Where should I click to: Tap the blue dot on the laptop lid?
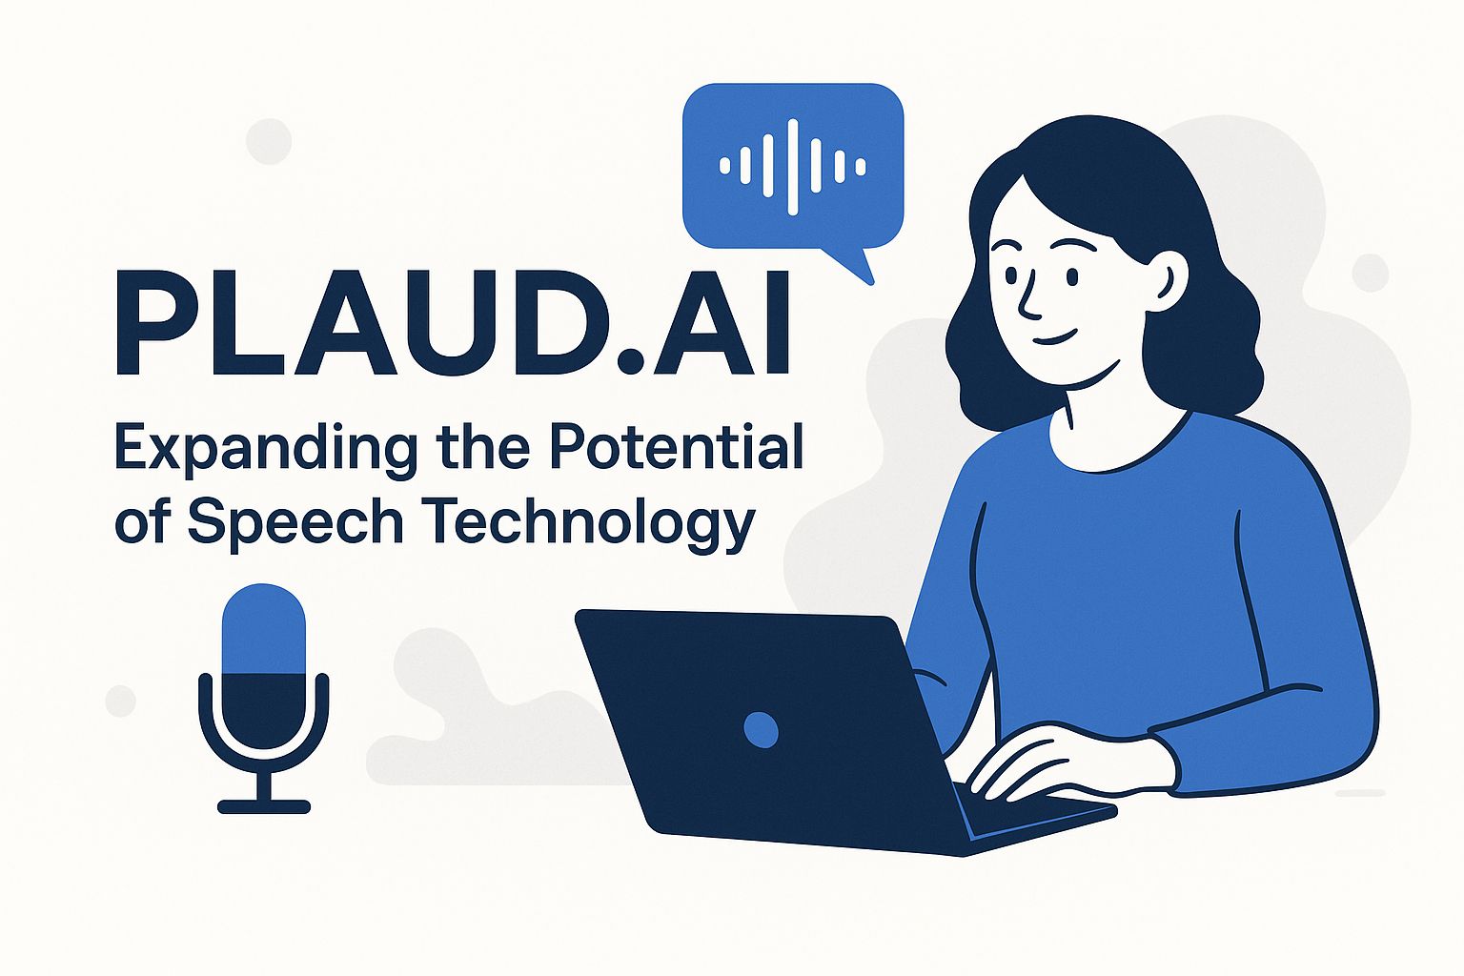(x=761, y=729)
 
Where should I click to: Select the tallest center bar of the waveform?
(x=793, y=167)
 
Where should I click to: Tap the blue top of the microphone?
(x=264, y=628)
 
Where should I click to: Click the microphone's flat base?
(x=264, y=806)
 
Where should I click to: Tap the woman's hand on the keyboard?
(x=1046, y=764)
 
